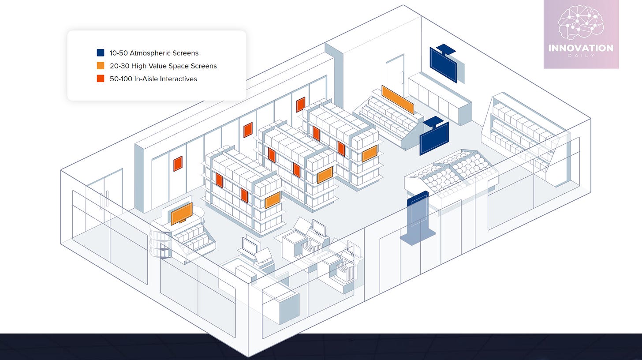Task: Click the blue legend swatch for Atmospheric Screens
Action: [101, 53]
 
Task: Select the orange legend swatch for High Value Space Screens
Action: [101, 66]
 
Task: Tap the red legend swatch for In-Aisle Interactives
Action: [101, 79]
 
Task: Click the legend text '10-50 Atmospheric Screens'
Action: [154, 53]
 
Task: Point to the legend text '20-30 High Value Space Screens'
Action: [163, 66]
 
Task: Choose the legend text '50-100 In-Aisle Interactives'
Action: [153, 79]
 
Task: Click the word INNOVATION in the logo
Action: [581, 48]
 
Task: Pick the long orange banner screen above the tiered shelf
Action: [398, 99]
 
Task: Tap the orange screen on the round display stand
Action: [181, 214]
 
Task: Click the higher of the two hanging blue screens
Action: [443, 64]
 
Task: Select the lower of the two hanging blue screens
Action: [434, 138]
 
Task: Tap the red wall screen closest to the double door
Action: [178, 163]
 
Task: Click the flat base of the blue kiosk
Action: [418, 237]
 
